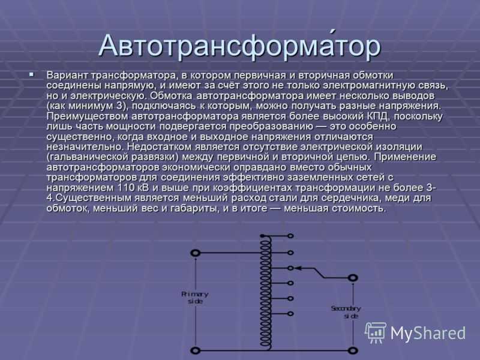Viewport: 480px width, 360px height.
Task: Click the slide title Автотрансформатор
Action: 239,46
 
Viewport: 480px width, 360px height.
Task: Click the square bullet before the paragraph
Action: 32,74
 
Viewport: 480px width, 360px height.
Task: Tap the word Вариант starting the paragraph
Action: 67,76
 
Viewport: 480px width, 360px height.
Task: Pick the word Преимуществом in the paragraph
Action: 87,116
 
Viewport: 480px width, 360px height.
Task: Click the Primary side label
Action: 195,298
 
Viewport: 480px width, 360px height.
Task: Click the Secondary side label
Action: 346,312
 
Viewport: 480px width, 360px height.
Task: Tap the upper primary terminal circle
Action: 196,253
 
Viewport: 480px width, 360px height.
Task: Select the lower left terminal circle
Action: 196,350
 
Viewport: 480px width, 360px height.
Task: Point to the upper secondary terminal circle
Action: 353,278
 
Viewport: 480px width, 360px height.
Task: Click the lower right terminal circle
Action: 353,350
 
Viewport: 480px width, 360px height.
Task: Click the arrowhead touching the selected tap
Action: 298,268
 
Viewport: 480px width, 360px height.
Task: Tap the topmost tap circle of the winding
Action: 290,236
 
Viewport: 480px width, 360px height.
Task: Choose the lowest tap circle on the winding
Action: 290,314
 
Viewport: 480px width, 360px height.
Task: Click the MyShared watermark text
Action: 428,333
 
